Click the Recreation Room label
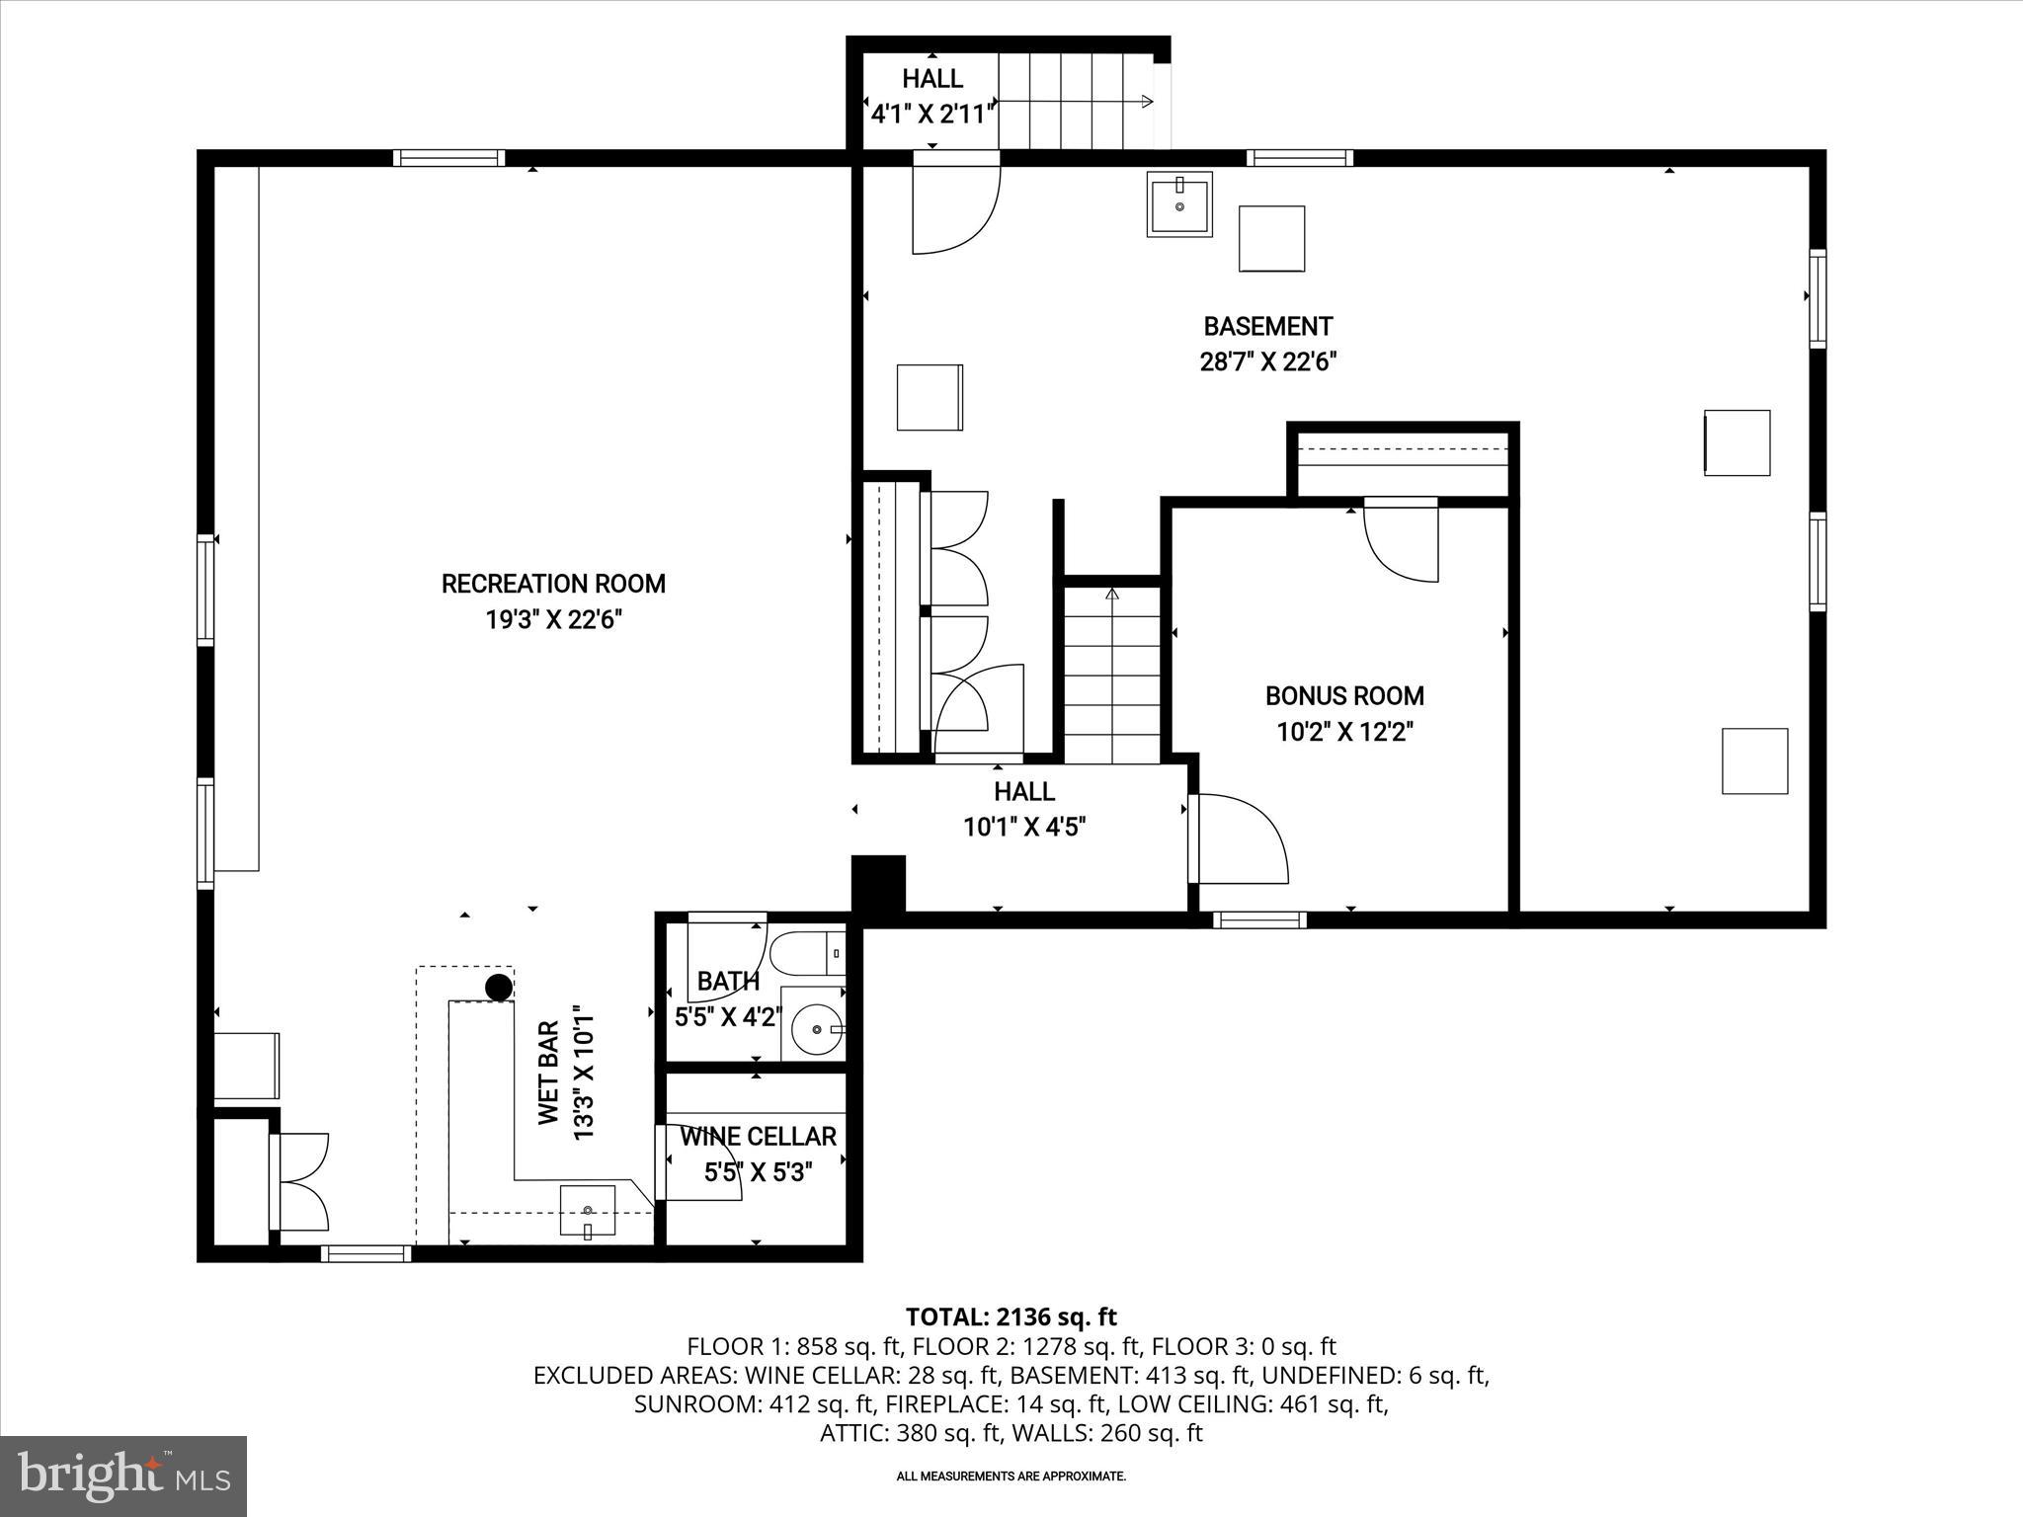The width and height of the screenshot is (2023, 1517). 553,584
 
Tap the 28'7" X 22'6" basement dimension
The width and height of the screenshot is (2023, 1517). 1267,362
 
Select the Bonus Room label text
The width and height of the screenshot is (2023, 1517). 1344,696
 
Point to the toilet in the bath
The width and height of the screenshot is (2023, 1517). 805,954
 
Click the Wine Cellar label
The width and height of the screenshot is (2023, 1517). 758,1137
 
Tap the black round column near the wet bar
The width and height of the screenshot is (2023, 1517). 499,987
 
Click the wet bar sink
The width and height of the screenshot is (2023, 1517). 588,1211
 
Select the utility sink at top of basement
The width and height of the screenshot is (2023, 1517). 1179,204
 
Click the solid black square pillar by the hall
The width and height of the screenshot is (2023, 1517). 878,883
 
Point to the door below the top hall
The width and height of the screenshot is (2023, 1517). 954,203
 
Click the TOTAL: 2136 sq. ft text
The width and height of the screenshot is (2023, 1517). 1011,1317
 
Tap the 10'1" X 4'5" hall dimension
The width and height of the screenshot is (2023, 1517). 1024,827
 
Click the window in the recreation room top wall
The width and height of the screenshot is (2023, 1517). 449,158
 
